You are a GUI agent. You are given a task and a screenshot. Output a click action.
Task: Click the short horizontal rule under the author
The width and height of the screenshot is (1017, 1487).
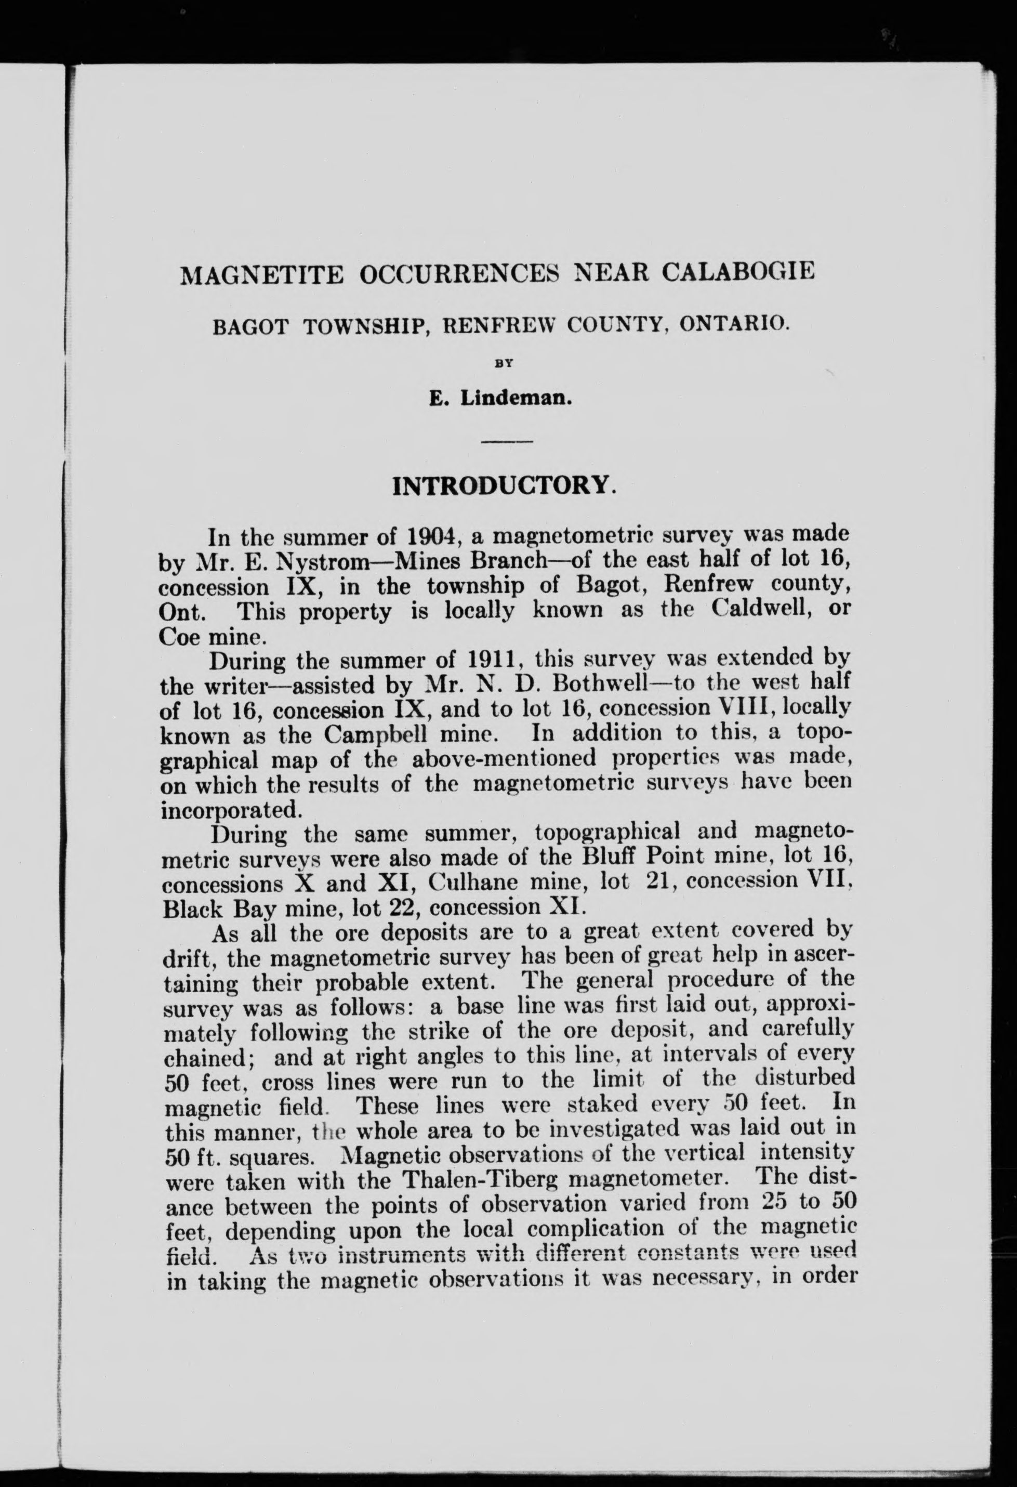[507, 441]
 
